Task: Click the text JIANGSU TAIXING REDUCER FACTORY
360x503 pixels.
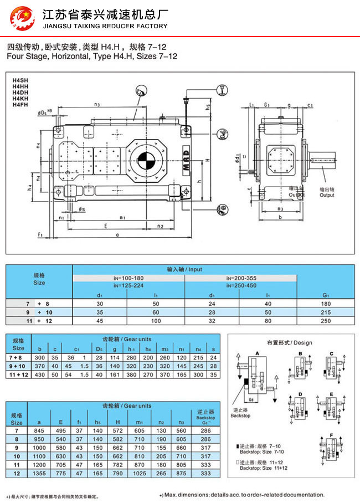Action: [105, 26]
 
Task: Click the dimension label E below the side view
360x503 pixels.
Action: [105, 225]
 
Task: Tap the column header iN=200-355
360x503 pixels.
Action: [241, 278]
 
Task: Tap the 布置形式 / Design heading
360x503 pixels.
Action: [289, 342]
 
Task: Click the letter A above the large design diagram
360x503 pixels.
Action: [257, 352]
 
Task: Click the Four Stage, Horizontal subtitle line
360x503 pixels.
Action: [91, 57]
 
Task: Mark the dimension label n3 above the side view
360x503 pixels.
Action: [97, 104]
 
